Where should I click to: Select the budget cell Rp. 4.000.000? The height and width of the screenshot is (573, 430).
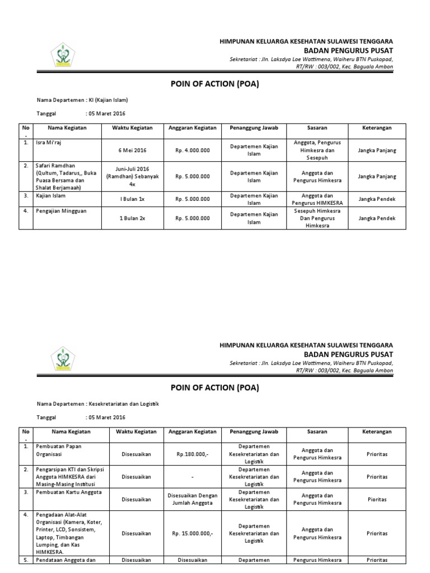click(x=193, y=150)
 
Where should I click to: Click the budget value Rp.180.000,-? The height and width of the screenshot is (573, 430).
click(x=193, y=454)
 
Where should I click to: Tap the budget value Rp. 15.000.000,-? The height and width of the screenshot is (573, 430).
click(x=193, y=533)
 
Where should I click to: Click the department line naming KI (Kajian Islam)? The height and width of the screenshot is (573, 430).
click(x=82, y=100)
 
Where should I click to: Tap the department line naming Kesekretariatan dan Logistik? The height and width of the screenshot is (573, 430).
click(x=97, y=403)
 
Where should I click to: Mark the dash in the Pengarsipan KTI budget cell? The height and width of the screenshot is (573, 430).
click(x=193, y=477)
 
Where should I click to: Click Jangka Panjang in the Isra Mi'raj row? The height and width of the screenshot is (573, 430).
click(x=376, y=150)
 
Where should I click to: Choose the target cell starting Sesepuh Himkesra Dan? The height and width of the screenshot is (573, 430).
click(x=317, y=218)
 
